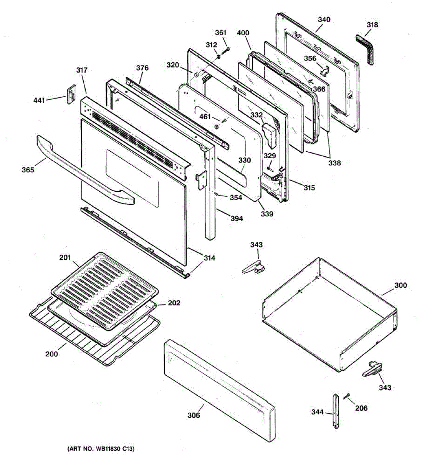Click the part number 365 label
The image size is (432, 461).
click(28, 169)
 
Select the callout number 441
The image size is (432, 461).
click(39, 101)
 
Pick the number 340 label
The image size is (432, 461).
click(324, 20)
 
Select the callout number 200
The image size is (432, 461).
click(52, 354)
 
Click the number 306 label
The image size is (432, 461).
click(194, 415)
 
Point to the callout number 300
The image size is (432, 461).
click(401, 285)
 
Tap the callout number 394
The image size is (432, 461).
click(237, 219)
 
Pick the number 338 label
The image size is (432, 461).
click(334, 163)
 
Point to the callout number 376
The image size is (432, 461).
click(142, 68)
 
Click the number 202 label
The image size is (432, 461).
click(174, 303)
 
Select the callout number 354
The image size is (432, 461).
click(236, 198)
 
